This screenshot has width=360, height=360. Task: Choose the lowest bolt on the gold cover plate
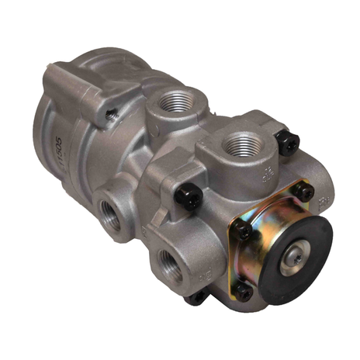(x=243, y=292)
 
